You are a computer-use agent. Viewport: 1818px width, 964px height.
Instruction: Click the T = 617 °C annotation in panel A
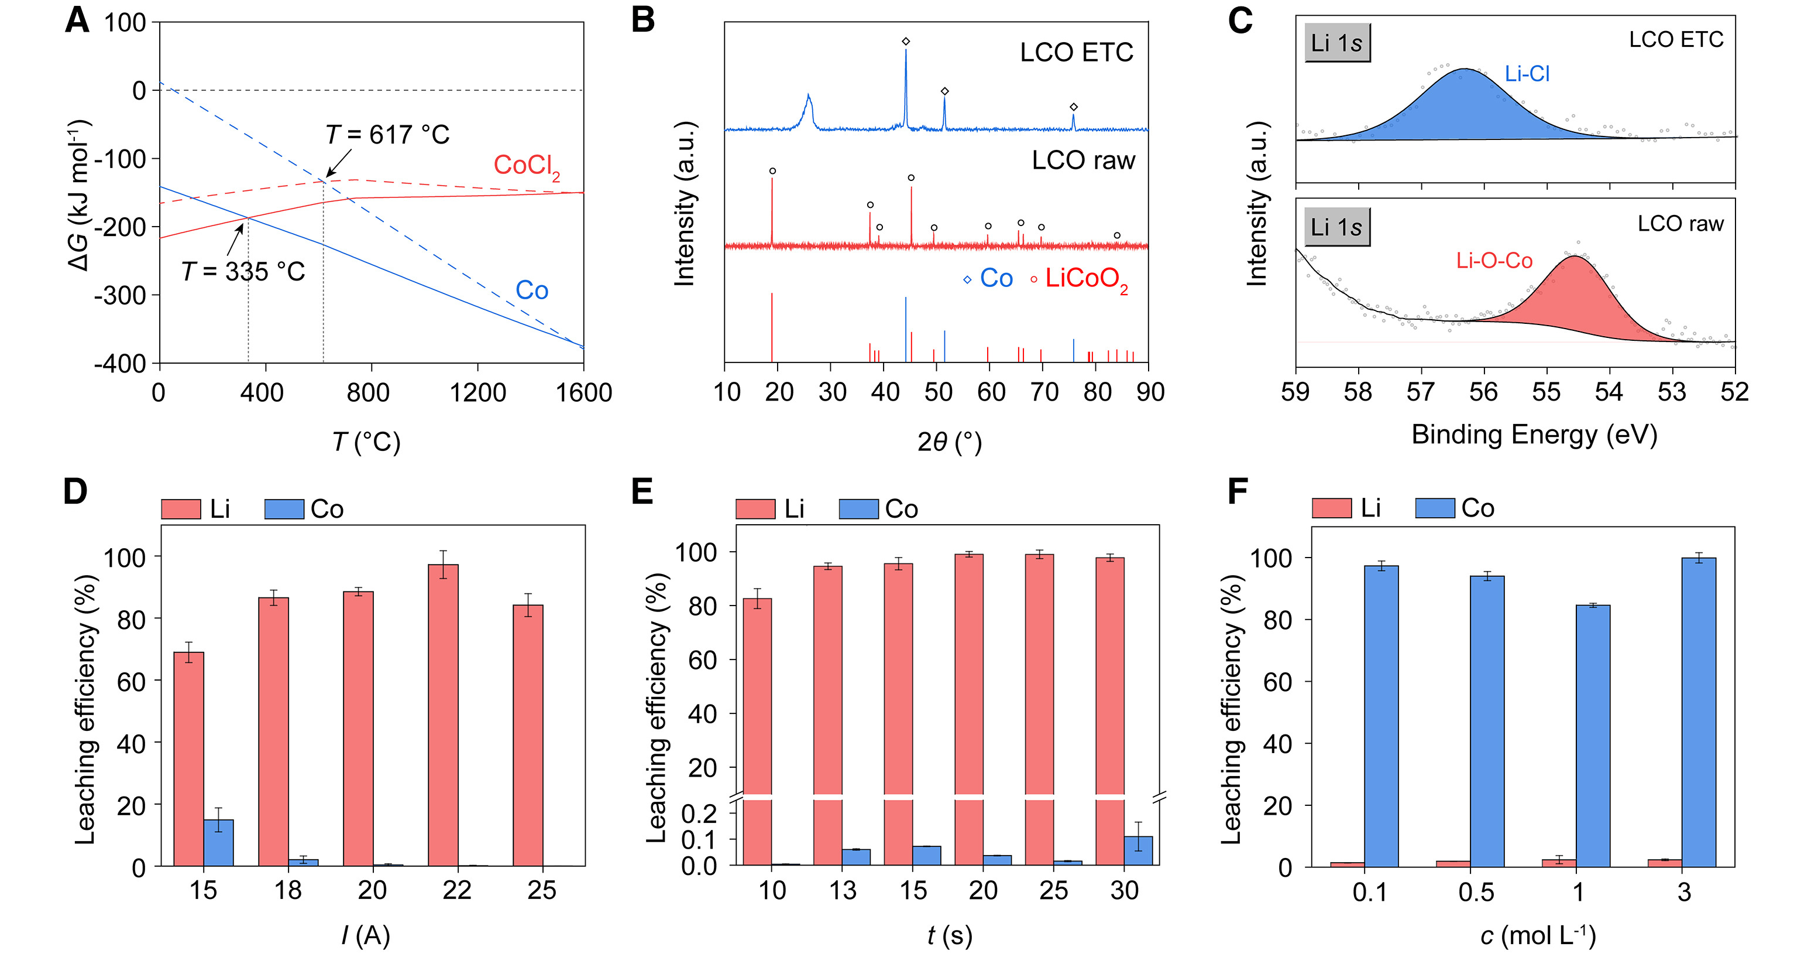387,134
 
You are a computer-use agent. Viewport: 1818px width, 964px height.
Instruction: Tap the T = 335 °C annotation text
243,271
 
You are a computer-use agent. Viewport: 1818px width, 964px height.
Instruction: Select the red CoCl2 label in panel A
526,166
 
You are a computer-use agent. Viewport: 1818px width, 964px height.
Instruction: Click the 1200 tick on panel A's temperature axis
478,392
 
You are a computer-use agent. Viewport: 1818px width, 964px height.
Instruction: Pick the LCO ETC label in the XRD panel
1075,52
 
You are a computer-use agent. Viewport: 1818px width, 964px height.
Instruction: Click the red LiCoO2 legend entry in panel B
1085,278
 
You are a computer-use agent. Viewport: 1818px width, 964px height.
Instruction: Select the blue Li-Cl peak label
1527,73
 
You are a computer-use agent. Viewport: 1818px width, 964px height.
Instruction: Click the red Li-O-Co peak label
1493,261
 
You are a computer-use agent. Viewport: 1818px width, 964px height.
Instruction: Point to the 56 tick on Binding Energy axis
1483,392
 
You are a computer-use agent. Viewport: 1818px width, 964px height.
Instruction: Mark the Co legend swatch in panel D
284,509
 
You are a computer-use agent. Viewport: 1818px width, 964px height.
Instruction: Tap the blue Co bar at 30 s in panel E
1137,850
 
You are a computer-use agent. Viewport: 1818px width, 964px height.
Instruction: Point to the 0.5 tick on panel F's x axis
1476,893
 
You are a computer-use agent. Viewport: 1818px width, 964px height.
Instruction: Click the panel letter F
1238,491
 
